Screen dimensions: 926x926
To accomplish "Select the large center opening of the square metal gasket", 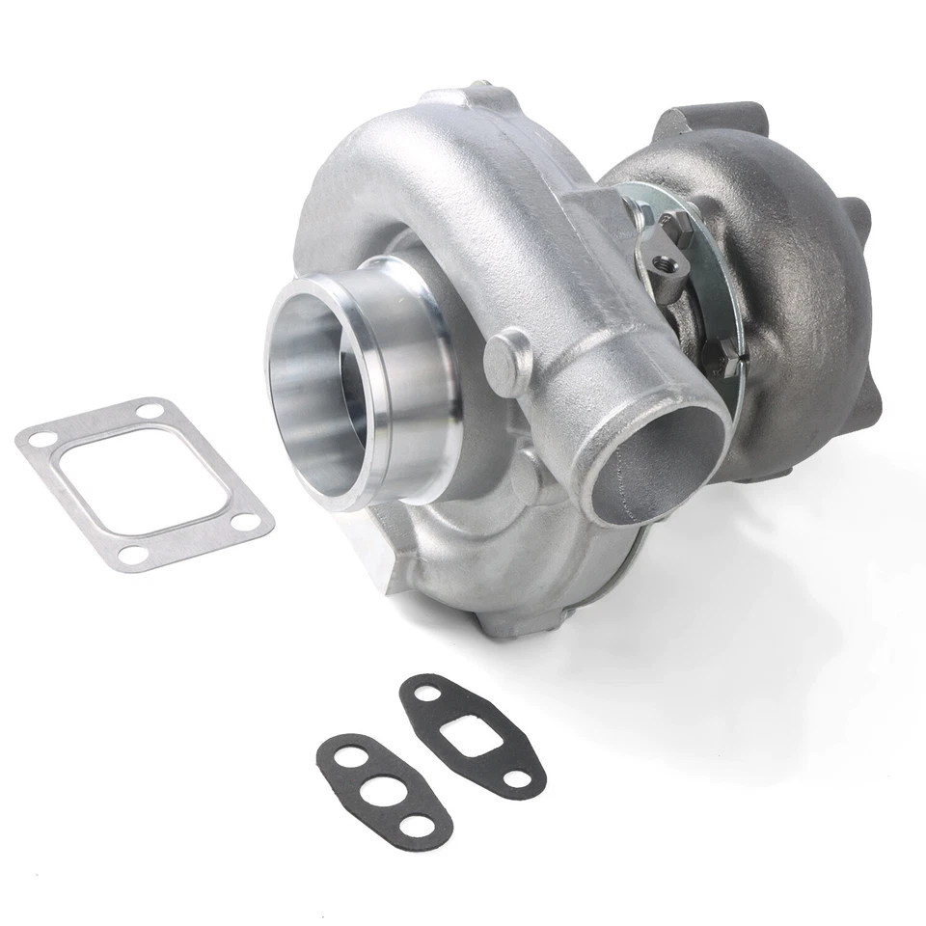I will pyautogui.click(x=146, y=483).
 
